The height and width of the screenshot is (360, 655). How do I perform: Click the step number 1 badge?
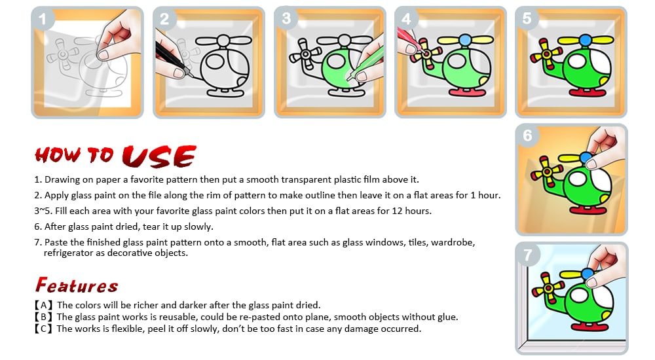42,19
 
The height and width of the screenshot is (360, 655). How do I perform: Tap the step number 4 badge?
406,19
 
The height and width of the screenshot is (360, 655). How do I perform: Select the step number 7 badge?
527,255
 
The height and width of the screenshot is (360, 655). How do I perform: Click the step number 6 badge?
527,135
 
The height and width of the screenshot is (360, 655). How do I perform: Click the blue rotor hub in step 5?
585,41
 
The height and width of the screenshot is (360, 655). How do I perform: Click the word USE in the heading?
159,156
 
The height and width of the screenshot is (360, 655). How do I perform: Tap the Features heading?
77,285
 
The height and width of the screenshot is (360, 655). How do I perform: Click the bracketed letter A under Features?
43,305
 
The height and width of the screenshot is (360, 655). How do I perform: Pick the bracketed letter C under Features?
43,329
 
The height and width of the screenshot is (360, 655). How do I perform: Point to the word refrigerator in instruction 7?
69,253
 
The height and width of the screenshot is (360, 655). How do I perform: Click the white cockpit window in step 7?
579,296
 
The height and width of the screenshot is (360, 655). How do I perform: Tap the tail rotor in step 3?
305,54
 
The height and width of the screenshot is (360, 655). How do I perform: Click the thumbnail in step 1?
87,62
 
